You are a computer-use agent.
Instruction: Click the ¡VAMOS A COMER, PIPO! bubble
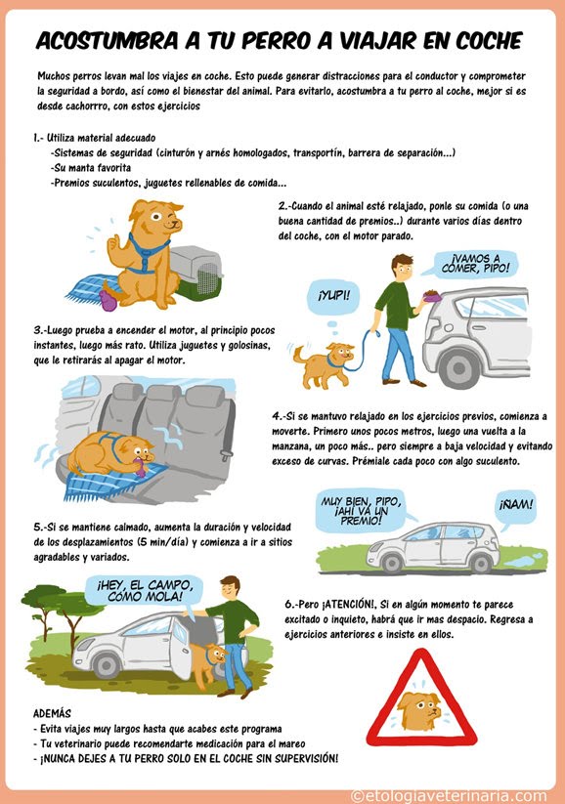pyautogui.click(x=475, y=264)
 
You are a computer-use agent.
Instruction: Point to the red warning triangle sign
pyautogui.click(x=421, y=698)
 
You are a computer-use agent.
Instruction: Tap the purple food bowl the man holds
pyautogui.click(x=433, y=295)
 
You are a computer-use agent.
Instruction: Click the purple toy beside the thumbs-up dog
pyautogui.click(x=108, y=301)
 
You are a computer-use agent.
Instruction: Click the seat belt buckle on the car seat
pyautogui.click(x=226, y=454)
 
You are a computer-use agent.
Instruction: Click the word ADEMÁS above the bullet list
pyautogui.click(x=52, y=713)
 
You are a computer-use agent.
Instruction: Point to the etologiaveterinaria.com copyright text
pyautogui.click(x=449, y=796)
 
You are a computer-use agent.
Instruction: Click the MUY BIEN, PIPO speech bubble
pyautogui.click(x=361, y=510)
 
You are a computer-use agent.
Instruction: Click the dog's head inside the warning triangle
pyautogui.click(x=418, y=709)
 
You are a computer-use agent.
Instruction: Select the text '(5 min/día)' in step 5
pyautogui.click(x=163, y=542)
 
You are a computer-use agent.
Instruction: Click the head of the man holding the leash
pyautogui.click(x=402, y=267)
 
